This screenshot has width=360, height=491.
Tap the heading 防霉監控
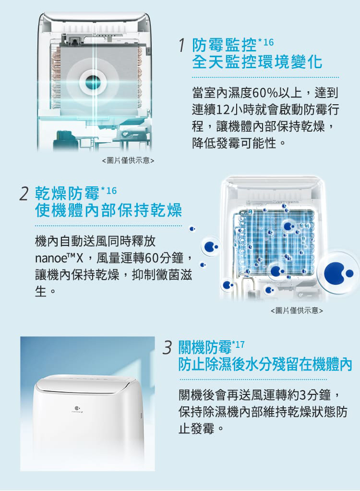point(225,45)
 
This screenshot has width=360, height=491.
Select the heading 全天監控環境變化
point(257,61)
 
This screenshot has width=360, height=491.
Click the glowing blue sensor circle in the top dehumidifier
point(93,82)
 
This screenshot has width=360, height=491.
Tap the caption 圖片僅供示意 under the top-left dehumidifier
point(128,160)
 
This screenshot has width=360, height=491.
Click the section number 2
point(24,194)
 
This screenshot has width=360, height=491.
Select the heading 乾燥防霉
point(67,193)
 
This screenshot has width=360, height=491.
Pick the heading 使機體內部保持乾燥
point(108,210)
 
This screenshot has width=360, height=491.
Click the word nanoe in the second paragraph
point(50,258)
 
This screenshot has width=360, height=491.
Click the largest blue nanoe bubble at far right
point(338,273)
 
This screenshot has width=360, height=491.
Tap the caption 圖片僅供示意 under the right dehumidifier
point(297,310)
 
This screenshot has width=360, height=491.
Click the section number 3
point(168,347)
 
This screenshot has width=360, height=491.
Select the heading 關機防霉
point(205,347)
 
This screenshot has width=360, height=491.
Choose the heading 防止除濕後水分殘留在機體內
point(265,364)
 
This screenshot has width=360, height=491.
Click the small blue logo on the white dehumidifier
point(77,408)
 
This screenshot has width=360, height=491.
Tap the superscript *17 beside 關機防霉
point(238,345)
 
